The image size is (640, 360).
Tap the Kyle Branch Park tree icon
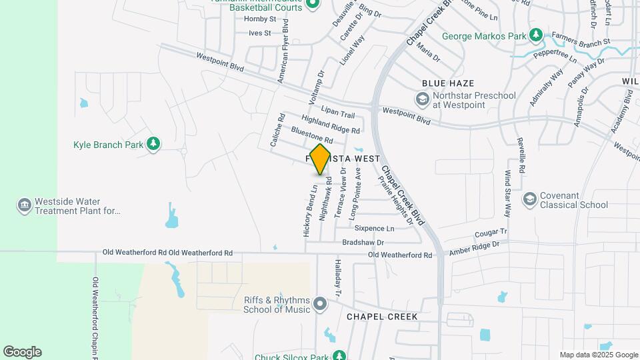click(154, 144)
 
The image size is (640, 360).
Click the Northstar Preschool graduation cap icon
click(421, 99)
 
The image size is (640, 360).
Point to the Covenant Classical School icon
click(530, 199)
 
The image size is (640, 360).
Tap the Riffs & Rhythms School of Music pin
click(320, 305)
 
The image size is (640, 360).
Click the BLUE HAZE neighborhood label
click(447, 83)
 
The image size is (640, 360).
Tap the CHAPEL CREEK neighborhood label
click(382, 317)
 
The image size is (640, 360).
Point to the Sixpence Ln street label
click(374, 229)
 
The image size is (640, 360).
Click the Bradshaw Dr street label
click(363, 243)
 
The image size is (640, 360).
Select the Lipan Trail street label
click(338, 111)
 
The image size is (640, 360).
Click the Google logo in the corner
click(22, 352)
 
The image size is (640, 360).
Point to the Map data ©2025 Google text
click(598, 355)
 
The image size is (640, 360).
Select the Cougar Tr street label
click(491, 234)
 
